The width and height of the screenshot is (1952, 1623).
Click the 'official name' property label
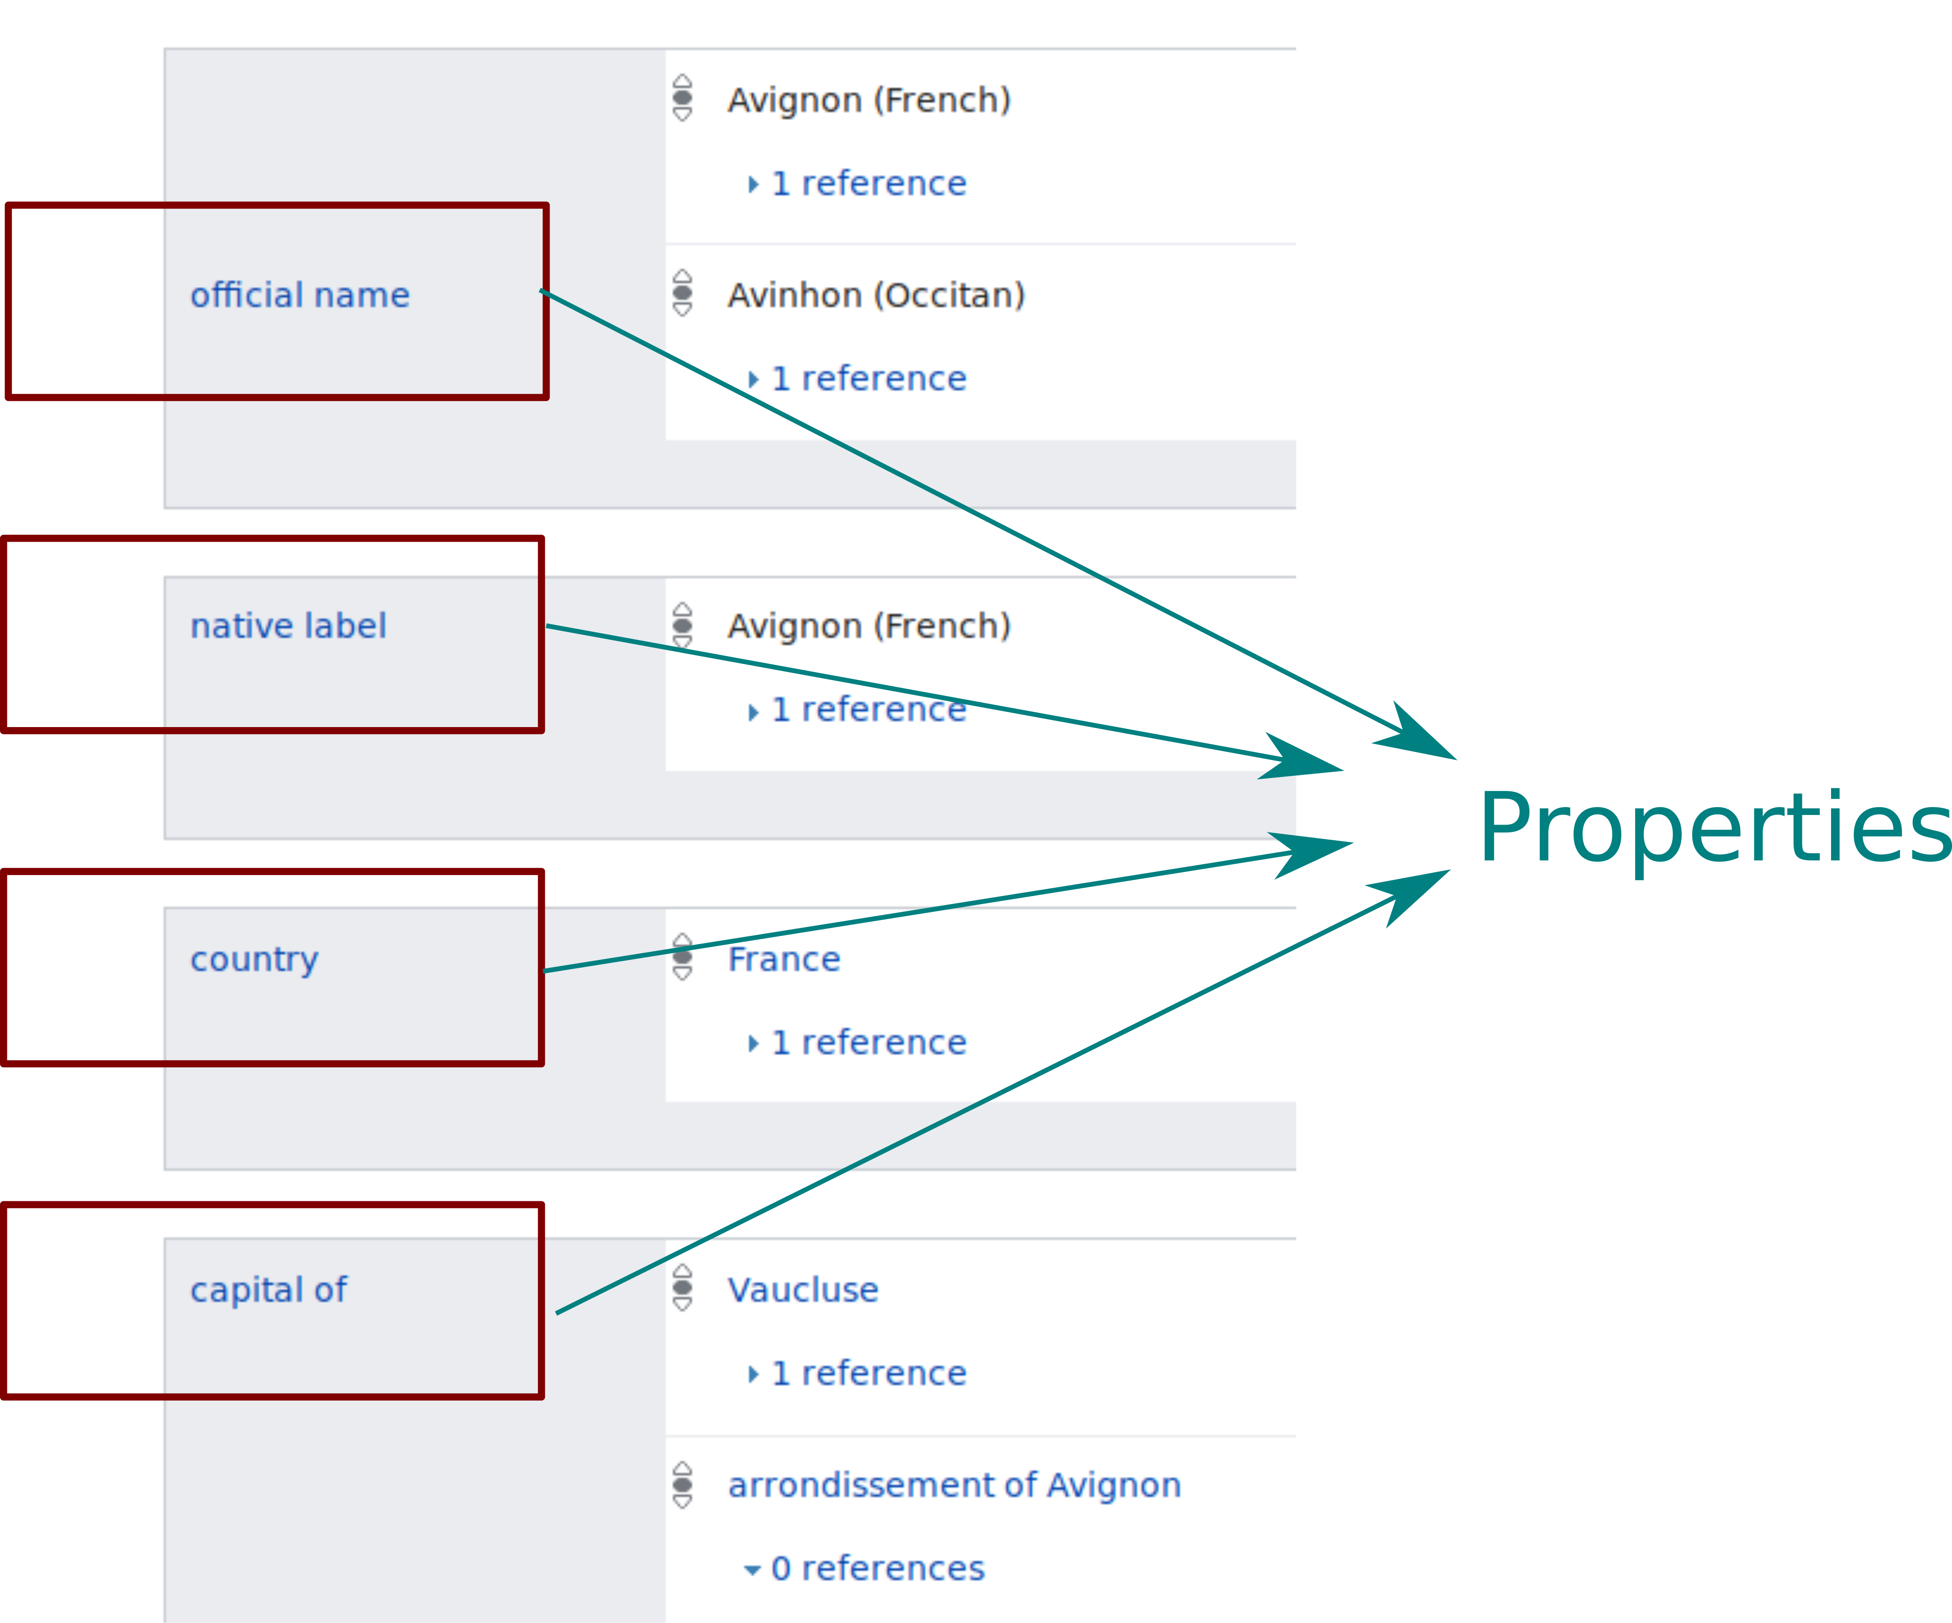[299, 295]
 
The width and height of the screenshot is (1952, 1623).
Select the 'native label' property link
[288, 627]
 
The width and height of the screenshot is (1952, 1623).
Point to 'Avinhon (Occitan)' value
[875, 295]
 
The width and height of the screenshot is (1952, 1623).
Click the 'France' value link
[784, 959]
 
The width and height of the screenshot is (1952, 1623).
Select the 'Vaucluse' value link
[802, 1290]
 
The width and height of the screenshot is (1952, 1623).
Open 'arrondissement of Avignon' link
[954, 1486]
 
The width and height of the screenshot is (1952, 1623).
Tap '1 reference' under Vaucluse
[868, 1374]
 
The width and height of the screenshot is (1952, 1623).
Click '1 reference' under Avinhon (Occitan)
[868, 379]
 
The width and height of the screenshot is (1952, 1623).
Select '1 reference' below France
[868, 1043]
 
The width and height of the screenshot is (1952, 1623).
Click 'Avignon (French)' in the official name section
[868, 101]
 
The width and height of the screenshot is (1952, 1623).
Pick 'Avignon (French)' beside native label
[868, 627]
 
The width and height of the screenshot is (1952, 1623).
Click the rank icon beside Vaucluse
[682, 1288]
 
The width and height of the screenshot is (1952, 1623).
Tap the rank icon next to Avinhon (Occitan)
[682, 294]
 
